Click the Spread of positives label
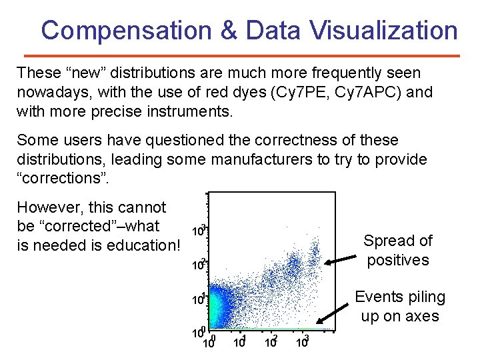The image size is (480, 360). click(x=397, y=250)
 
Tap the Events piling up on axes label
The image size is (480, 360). click(x=399, y=306)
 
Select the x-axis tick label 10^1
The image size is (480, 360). click(x=239, y=342)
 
